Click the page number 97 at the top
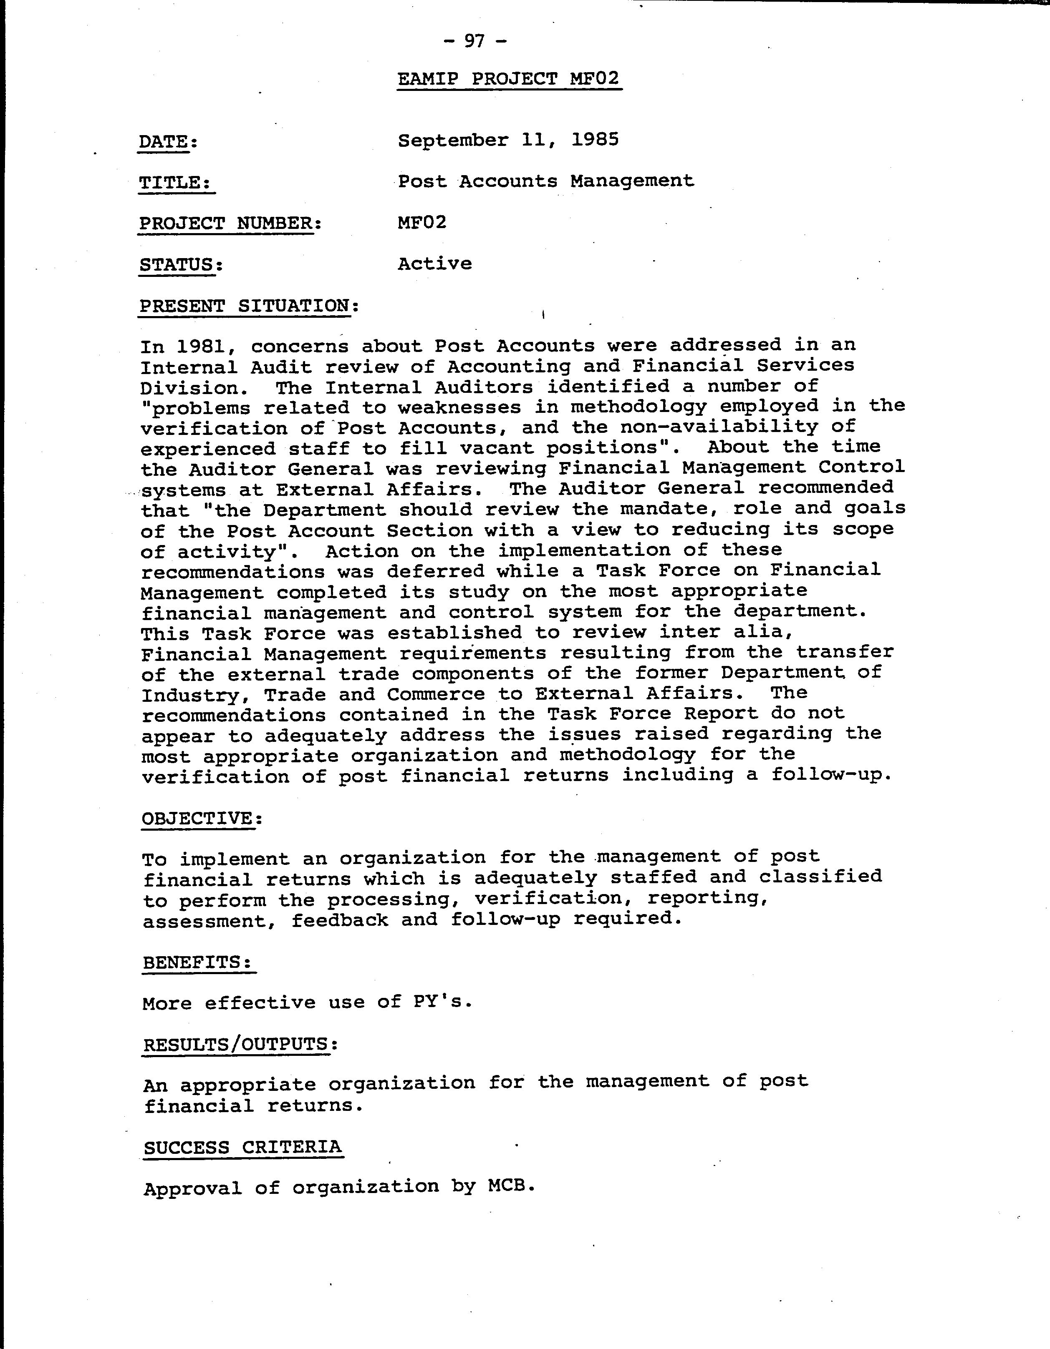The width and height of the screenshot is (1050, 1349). (475, 41)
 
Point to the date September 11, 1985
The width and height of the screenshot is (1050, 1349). (508, 140)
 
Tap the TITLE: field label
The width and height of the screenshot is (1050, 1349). (176, 183)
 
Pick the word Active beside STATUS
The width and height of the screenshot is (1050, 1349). (434, 264)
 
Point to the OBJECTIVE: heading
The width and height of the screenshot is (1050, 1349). (202, 819)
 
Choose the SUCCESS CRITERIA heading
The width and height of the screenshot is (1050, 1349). (242, 1148)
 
